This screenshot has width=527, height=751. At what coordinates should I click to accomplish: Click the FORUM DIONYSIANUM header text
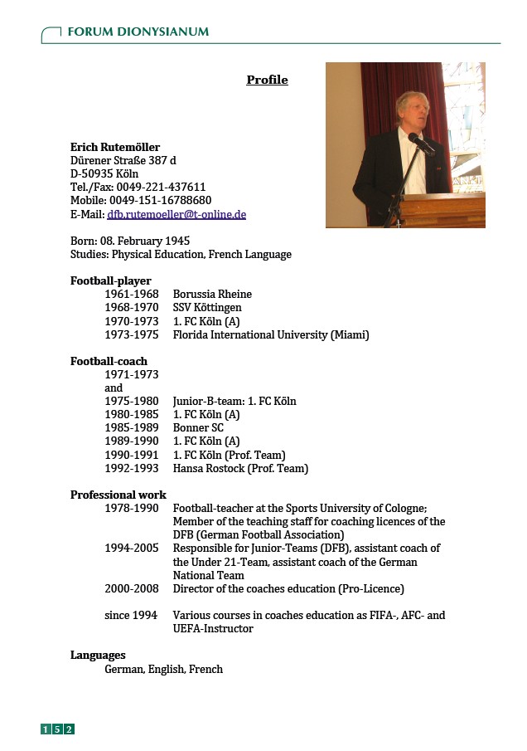coord(138,32)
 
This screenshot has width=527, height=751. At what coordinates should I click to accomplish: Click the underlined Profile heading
coord(267,80)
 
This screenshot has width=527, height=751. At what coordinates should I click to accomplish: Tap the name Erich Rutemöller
coord(115,147)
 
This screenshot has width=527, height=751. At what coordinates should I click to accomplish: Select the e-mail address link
coord(176,214)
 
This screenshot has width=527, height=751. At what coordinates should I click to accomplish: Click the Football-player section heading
coord(110,280)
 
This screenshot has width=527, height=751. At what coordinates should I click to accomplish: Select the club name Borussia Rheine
coord(212,294)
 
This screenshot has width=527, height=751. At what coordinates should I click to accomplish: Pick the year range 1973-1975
coord(131,334)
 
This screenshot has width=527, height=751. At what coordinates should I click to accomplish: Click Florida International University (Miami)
coord(270,334)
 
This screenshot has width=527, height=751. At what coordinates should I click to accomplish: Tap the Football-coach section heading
coord(109,361)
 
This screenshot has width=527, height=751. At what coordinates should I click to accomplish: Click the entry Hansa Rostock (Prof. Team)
coord(240,468)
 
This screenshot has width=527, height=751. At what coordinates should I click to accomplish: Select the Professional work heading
coord(118,495)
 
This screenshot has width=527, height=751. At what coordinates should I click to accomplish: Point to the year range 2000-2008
coord(131,588)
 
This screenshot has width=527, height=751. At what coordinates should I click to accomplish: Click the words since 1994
coord(130,615)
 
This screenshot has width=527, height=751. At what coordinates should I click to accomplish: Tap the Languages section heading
coord(98,655)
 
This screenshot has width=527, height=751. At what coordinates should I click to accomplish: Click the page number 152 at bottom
coord(58,729)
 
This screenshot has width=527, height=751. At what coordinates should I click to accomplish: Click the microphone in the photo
coord(418,143)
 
